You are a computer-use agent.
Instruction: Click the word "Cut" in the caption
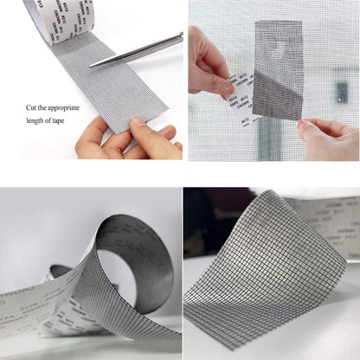coord(31,107)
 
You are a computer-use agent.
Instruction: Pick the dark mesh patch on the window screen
coord(279,69)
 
